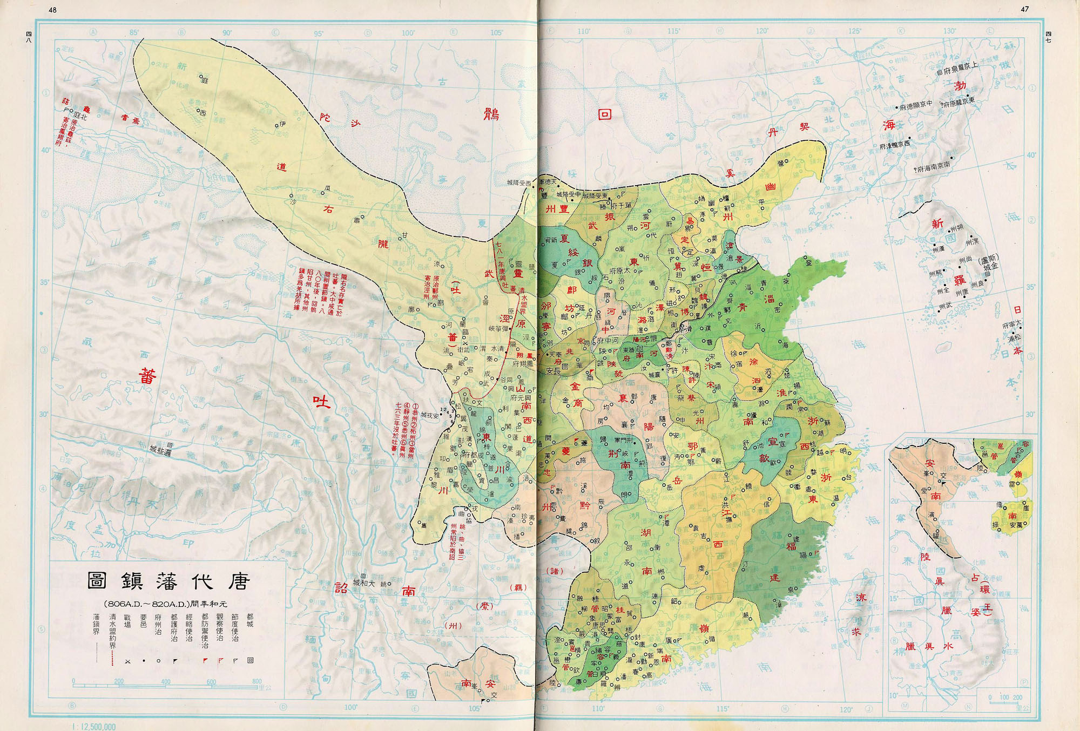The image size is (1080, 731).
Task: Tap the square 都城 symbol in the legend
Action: coord(251,660)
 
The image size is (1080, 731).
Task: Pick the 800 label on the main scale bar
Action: coord(256,681)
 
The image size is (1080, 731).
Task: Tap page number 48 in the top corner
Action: coord(52,10)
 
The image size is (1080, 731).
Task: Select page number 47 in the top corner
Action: coord(1024,9)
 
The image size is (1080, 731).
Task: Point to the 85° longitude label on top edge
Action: coord(134,33)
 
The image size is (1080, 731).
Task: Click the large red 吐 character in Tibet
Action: coord(322,402)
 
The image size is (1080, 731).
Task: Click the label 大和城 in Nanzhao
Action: coord(363,583)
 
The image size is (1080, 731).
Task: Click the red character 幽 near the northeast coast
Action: coord(771,187)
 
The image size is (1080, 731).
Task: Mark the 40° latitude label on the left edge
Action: coord(46,150)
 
